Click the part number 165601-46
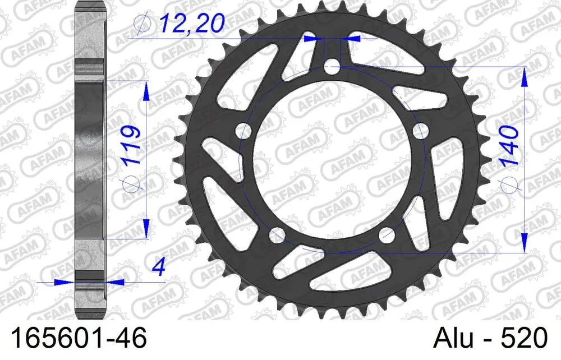tap(74, 339)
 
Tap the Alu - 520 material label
tap(489, 339)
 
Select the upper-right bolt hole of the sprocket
tap(420, 131)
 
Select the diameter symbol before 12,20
tap(141, 24)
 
